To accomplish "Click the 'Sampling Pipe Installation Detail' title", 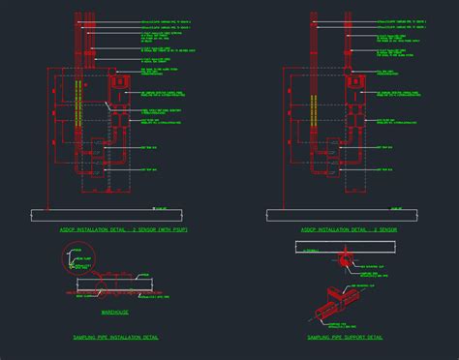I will click(x=116, y=337).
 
